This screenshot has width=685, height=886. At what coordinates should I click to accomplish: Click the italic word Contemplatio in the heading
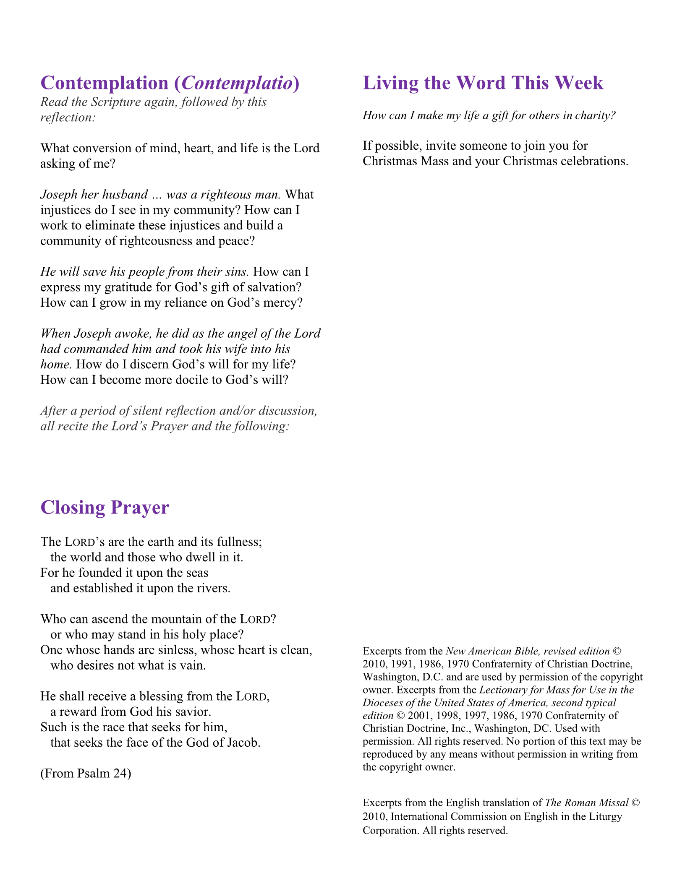(x=237, y=83)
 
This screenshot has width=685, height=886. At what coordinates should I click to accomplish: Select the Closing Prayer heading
(x=105, y=507)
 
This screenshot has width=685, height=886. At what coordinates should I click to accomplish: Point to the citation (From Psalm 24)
(x=86, y=773)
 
